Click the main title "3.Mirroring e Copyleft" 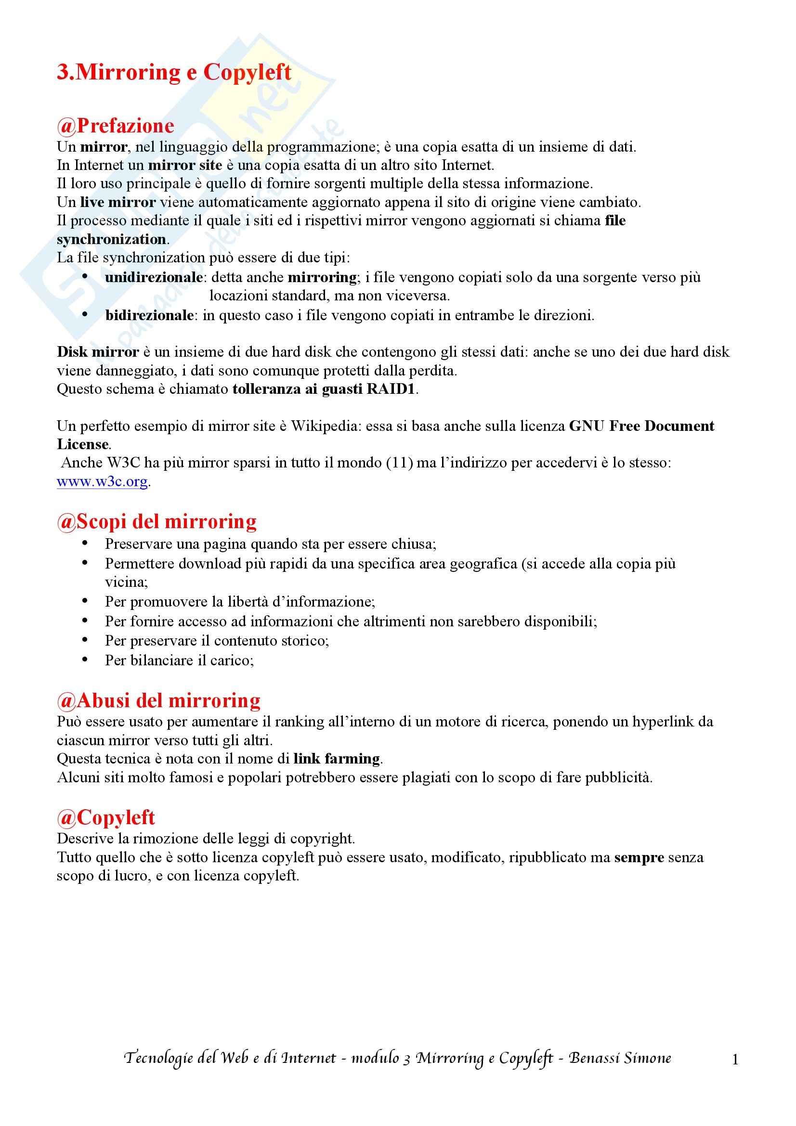pos(174,73)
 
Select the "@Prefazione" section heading pos(115,126)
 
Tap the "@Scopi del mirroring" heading pos(157,521)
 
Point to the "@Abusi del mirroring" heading pos(158,700)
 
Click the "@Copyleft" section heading pos(105,817)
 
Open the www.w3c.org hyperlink pos(102,481)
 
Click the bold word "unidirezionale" pos(154,278)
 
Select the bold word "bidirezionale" pos(150,315)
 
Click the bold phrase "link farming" pos(337,759)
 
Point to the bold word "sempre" pos(639,857)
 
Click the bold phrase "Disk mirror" pos(98,352)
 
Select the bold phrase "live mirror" pos(117,202)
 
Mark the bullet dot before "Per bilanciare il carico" pos(85,660)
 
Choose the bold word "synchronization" pos(111,239)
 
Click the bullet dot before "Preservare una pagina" pos(85,543)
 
